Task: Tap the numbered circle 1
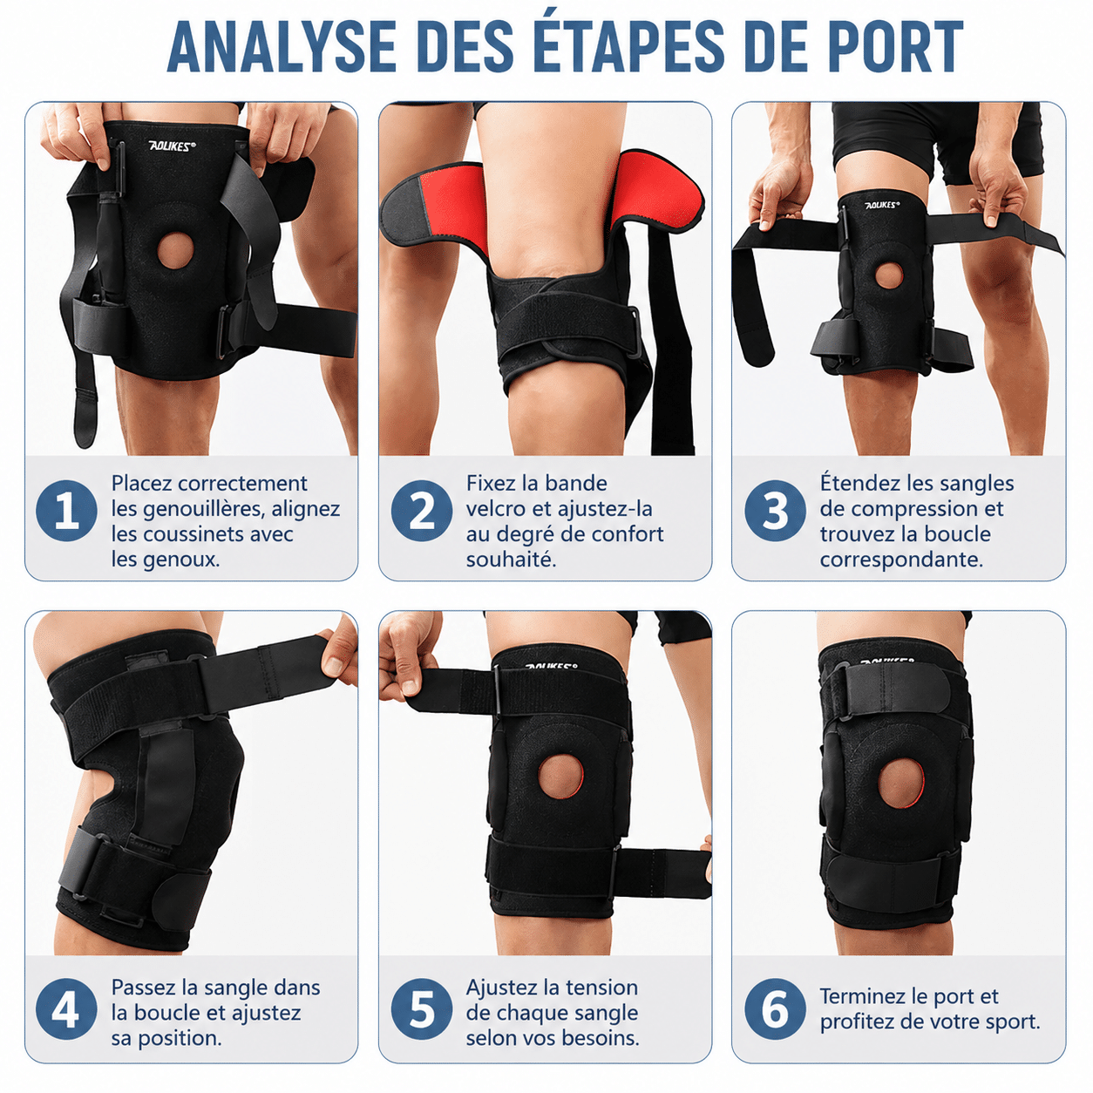click(x=66, y=511)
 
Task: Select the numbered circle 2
click(x=422, y=511)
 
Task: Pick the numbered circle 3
click(x=775, y=511)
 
